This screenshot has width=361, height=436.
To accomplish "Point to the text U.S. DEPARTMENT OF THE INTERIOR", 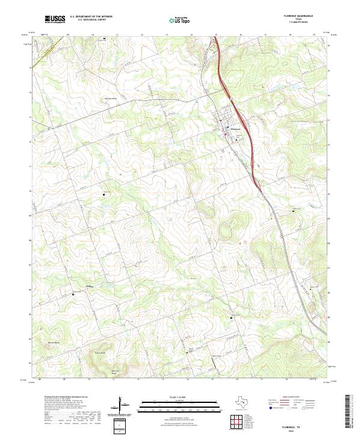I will (91, 17).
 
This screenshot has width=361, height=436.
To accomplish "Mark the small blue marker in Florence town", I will (227, 128).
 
